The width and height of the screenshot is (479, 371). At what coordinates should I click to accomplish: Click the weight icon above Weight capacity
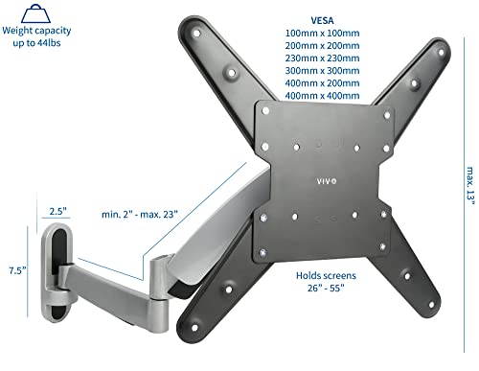pos(35,13)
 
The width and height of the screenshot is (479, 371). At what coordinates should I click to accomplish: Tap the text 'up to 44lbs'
pos(36,43)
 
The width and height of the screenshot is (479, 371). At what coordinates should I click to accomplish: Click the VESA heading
pos(322,20)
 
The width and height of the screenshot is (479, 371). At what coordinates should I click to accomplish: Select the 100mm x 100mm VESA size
pos(322,33)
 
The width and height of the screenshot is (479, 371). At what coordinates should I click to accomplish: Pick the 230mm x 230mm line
pos(322,58)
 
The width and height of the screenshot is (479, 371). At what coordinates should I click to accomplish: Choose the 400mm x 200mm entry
pos(322,83)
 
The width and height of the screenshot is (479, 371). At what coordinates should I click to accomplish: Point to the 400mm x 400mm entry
pos(322,96)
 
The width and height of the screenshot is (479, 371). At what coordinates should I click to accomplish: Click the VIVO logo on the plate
pos(327,181)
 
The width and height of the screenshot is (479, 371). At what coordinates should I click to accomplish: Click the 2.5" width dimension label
pos(57,211)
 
